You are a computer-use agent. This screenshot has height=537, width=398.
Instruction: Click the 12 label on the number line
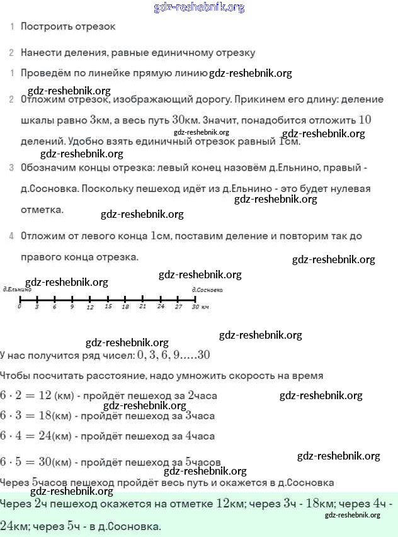(x=90, y=307)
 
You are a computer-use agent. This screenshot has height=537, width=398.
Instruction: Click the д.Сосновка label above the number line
(x=207, y=290)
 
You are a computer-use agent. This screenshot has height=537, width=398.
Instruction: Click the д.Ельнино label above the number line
(x=17, y=290)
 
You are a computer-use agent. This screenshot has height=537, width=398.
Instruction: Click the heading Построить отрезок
(x=68, y=26)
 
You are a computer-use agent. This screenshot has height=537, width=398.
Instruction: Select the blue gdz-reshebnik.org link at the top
(x=199, y=8)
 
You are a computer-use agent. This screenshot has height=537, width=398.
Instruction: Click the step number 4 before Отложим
(x=11, y=236)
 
